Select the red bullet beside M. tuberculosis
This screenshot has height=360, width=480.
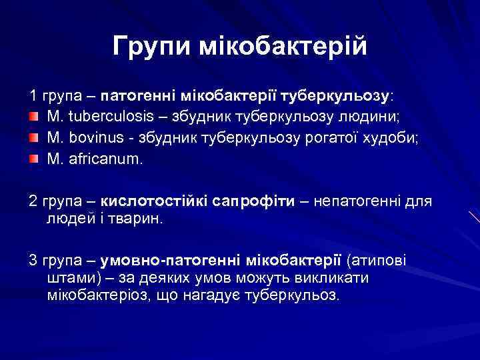33,117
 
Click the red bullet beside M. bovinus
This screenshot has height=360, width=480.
33,139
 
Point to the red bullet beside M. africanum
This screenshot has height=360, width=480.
33,160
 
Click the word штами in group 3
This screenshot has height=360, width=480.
69,277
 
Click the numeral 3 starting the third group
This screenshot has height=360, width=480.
33,259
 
